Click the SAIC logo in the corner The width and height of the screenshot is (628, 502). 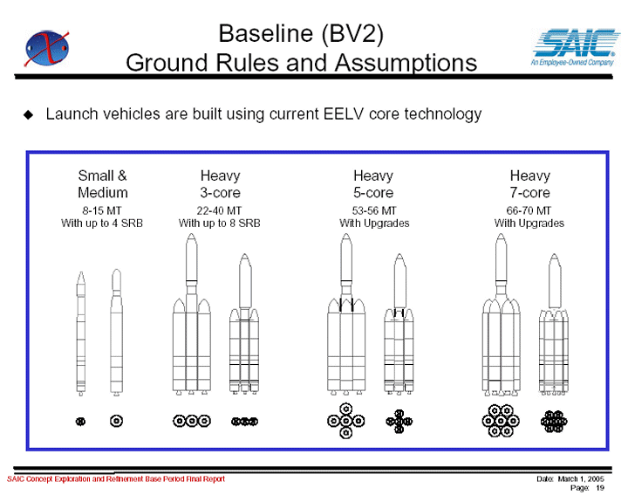pyautogui.click(x=574, y=47)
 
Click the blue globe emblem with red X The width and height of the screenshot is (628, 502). pyautogui.click(x=46, y=48)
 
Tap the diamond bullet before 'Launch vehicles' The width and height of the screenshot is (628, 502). pyautogui.click(x=29, y=114)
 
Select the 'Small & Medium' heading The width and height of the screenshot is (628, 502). pyautogui.click(x=103, y=184)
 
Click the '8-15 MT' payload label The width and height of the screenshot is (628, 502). pyautogui.click(x=102, y=210)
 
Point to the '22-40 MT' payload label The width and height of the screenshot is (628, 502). pyautogui.click(x=219, y=210)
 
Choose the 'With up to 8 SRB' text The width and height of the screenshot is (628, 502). pyautogui.click(x=220, y=223)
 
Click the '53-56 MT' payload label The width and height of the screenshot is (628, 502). pyautogui.click(x=374, y=210)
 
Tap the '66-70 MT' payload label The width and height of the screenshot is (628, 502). pyautogui.click(x=529, y=210)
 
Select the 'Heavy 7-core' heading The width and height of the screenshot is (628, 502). pyautogui.click(x=530, y=184)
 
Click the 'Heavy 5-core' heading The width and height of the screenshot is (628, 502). pyautogui.click(x=373, y=184)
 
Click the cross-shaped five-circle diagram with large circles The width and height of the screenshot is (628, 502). pyautogui.click(x=346, y=421)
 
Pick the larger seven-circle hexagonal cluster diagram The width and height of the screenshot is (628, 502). pyautogui.click(x=501, y=421)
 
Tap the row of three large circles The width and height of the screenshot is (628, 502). pyautogui.click(x=192, y=421)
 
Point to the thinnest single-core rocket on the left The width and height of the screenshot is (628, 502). pyautogui.click(x=81, y=334)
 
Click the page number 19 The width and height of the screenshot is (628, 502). pyautogui.click(x=599, y=488)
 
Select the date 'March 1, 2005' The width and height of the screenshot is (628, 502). pyautogui.click(x=581, y=478)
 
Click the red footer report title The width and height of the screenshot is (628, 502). pyautogui.click(x=116, y=478)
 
